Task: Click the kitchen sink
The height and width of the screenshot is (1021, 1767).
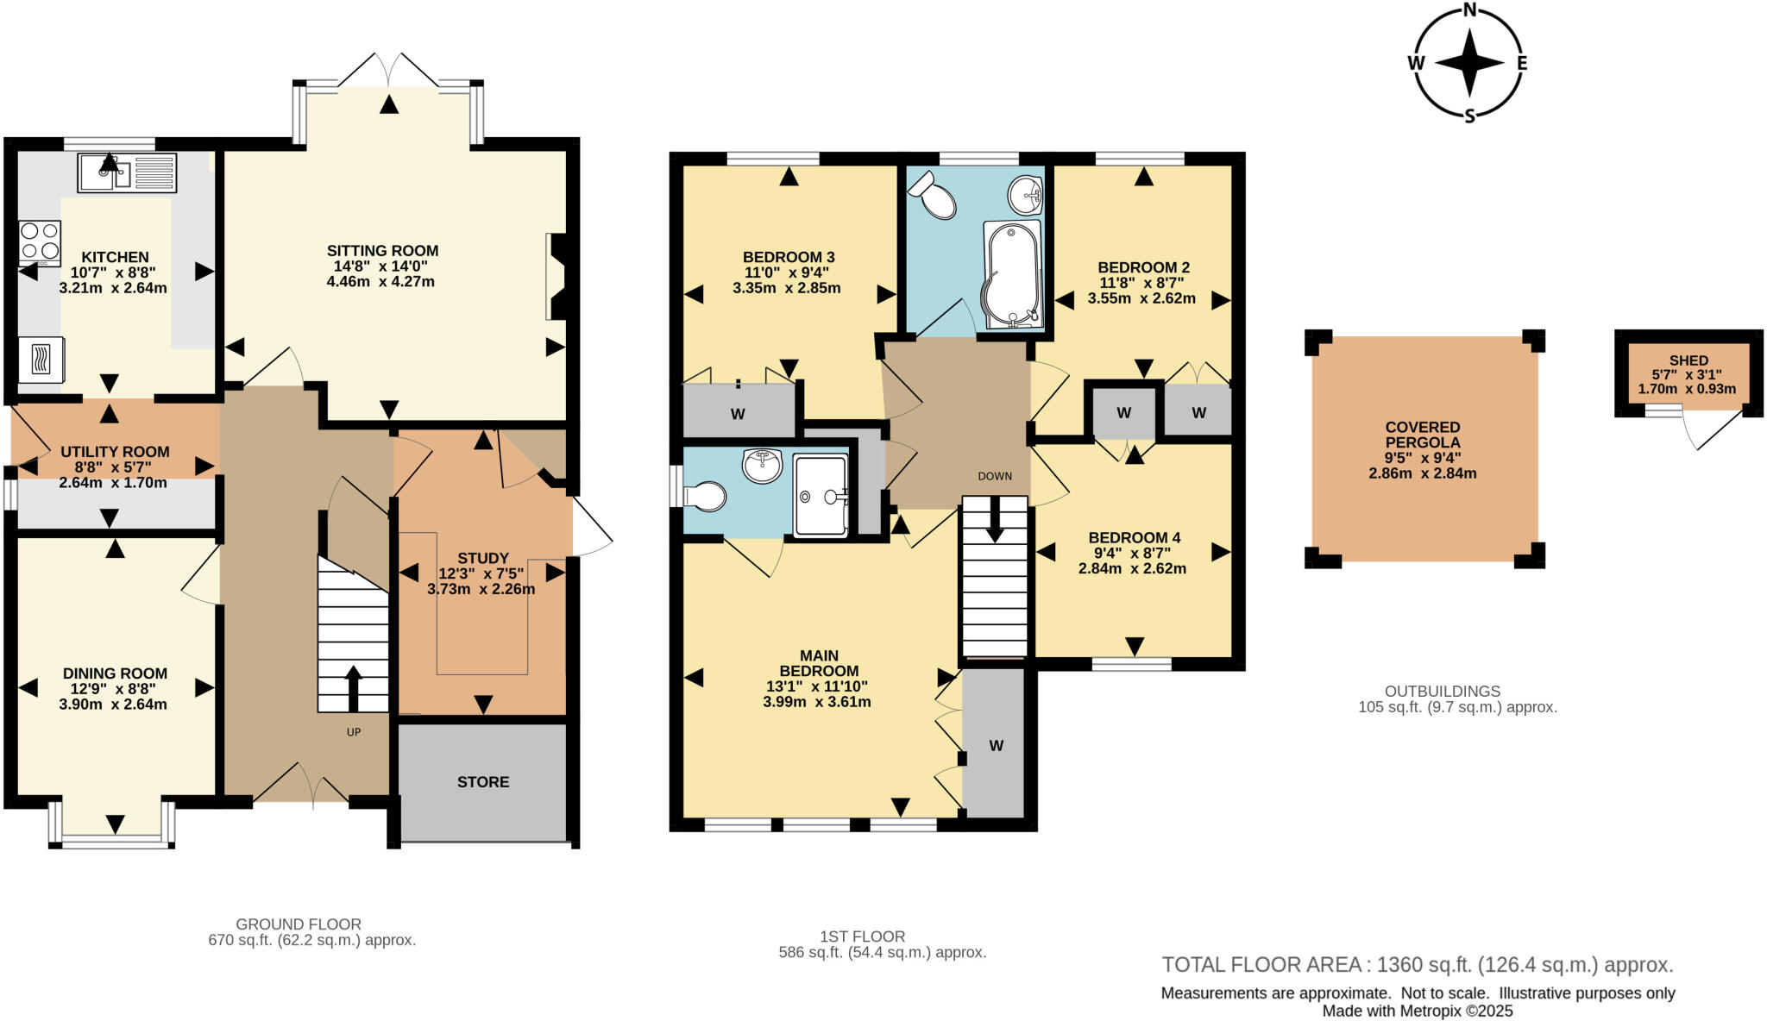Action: click(126, 172)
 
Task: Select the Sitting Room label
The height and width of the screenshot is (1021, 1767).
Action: click(382, 251)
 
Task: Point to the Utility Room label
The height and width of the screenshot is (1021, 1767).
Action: click(115, 452)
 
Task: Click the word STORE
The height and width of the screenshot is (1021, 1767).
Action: click(483, 782)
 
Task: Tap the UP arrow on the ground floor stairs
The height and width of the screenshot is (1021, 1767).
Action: click(353, 686)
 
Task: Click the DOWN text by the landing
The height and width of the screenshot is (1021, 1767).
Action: click(995, 476)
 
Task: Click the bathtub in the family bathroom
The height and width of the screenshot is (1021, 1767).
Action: click(1011, 274)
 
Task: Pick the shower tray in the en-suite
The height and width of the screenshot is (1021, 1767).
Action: click(820, 495)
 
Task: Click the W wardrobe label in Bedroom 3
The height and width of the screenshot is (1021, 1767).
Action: click(738, 415)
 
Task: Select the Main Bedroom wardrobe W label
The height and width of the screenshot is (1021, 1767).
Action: click(996, 746)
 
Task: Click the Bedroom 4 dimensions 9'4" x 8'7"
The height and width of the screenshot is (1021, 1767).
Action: click(1134, 553)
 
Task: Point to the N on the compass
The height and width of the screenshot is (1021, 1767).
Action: click(1469, 10)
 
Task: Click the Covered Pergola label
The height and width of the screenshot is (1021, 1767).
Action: click(1423, 435)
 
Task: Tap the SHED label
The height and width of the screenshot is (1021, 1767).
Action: click(1688, 360)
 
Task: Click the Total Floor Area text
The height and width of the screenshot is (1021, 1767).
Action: click(1417, 964)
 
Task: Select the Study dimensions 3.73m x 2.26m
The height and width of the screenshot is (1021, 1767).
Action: click(481, 590)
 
